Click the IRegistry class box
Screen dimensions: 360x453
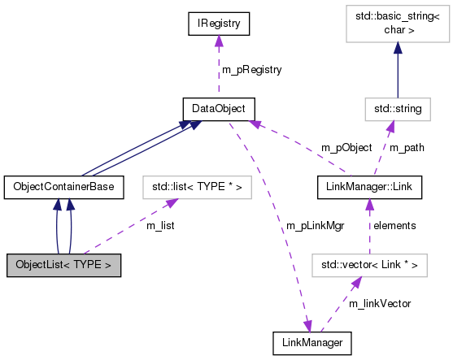coord(217,24)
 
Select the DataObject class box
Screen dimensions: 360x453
coord(217,108)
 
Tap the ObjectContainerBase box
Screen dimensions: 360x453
coord(64,187)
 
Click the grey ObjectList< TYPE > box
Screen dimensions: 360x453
coord(64,265)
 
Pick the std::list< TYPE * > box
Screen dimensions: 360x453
coord(197,187)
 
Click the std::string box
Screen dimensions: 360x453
coord(393,108)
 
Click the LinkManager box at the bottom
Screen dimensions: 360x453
coord(312,343)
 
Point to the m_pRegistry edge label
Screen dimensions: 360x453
coord(254,70)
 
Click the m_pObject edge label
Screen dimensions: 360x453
coord(346,148)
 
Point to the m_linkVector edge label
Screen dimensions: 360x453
coord(379,303)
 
